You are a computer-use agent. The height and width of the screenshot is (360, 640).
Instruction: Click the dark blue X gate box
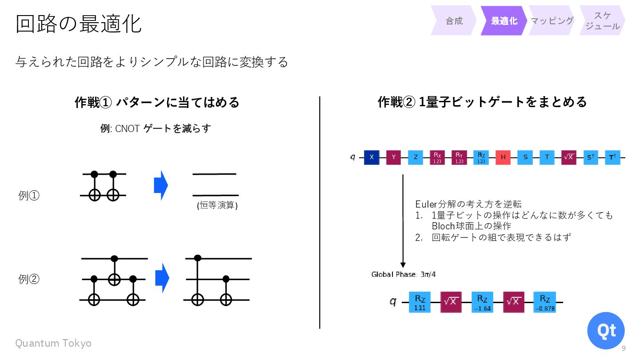(372, 157)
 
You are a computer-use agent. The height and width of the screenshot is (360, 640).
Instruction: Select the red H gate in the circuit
(503, 157)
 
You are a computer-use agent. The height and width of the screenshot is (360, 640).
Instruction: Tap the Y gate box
(393, 157)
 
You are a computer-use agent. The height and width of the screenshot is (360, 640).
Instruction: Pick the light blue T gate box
(547, 157)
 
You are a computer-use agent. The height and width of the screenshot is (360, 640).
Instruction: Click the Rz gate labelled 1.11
(420, 302)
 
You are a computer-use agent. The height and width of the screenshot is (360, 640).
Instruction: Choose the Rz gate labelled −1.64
(482, 302)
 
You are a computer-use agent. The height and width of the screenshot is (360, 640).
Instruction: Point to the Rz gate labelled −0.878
(544, 302)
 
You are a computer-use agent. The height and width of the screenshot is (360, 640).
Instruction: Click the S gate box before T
(525, 157)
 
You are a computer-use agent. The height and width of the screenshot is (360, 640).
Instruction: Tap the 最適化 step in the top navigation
(504, 21)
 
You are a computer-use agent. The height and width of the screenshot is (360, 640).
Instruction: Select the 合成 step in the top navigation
(454, 21)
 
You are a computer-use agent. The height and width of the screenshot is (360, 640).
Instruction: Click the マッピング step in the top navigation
(552, 21)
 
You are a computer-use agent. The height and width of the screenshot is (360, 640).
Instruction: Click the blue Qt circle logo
(606, 331)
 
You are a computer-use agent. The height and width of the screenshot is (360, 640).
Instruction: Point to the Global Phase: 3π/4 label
(404, 274)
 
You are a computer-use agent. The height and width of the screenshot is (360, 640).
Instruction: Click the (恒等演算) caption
(217, 205)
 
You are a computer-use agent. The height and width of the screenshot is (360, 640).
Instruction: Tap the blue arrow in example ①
(161, 185)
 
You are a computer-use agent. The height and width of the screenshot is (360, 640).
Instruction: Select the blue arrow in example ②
(162, 278)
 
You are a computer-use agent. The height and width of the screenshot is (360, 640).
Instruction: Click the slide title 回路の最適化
(79, 24)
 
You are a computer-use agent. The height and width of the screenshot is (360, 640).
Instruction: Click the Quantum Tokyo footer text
(53, 343)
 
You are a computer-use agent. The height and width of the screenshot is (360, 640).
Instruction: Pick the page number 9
(624, 348)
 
